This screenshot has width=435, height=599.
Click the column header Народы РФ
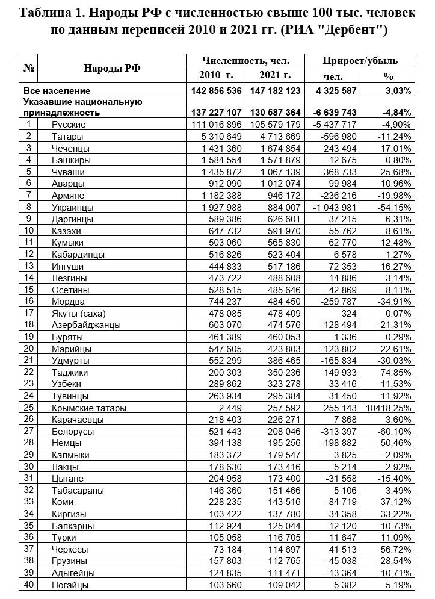coord(112,68)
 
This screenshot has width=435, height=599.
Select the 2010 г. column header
coord(215,75)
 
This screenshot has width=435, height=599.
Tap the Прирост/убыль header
coord(360,61)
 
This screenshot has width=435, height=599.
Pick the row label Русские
coord(69,125)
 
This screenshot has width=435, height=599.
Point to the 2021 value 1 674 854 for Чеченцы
coord(276,148)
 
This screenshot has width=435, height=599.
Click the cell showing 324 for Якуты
coord(350,314)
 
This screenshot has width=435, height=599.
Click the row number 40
coord(29,585)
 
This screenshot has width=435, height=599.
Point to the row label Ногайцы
coord(70,585)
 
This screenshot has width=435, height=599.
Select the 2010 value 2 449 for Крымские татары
coord(229,408)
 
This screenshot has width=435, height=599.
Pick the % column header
coord(388,76)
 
